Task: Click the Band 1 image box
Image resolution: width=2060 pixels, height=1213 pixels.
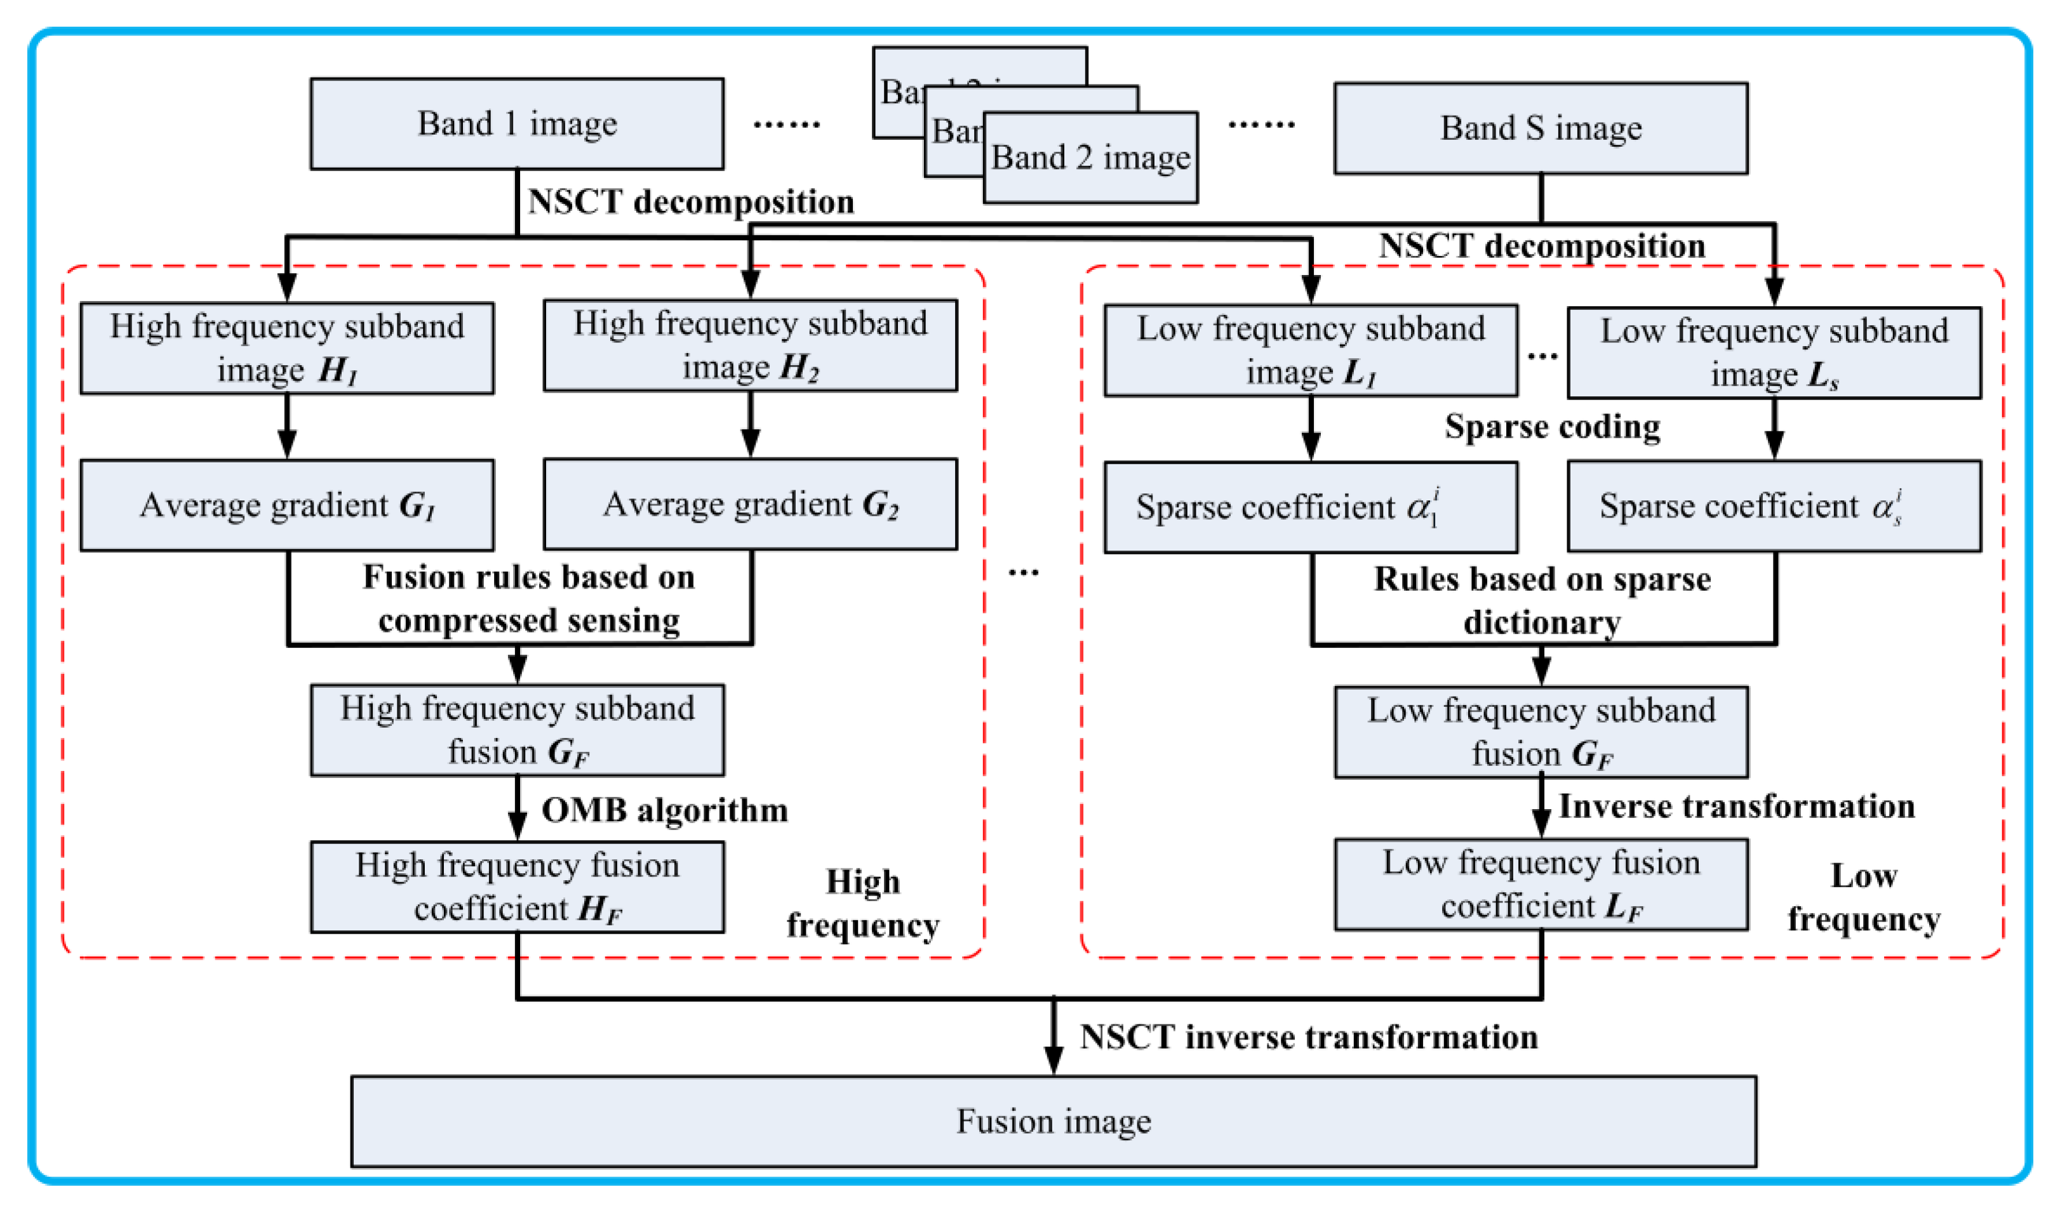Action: [517, 124]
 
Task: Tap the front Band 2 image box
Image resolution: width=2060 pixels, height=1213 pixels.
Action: [1090, 157]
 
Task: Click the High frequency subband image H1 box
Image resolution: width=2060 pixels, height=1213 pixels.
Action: [286, 348]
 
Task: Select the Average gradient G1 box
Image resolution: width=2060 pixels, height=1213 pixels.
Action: [286, 505]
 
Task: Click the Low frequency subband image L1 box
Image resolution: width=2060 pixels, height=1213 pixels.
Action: [1311, 351]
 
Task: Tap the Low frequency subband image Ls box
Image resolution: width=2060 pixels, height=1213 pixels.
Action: [1773, 353]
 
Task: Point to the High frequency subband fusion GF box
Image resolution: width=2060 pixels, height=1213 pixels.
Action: [517, 730]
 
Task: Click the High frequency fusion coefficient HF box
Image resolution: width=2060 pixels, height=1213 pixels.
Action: [517, 887]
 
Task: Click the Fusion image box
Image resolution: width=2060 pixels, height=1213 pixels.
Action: [1053, 1121]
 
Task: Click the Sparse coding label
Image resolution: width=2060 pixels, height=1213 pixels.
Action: [1551, 427]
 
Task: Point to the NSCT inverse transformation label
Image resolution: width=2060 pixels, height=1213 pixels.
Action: [1308, 1036]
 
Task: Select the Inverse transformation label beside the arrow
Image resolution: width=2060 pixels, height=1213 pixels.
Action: [1736, 806]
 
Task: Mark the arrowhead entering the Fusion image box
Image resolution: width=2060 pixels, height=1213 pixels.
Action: [1053, 1062]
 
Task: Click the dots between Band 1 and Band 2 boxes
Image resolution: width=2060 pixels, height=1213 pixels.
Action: [786, 124]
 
